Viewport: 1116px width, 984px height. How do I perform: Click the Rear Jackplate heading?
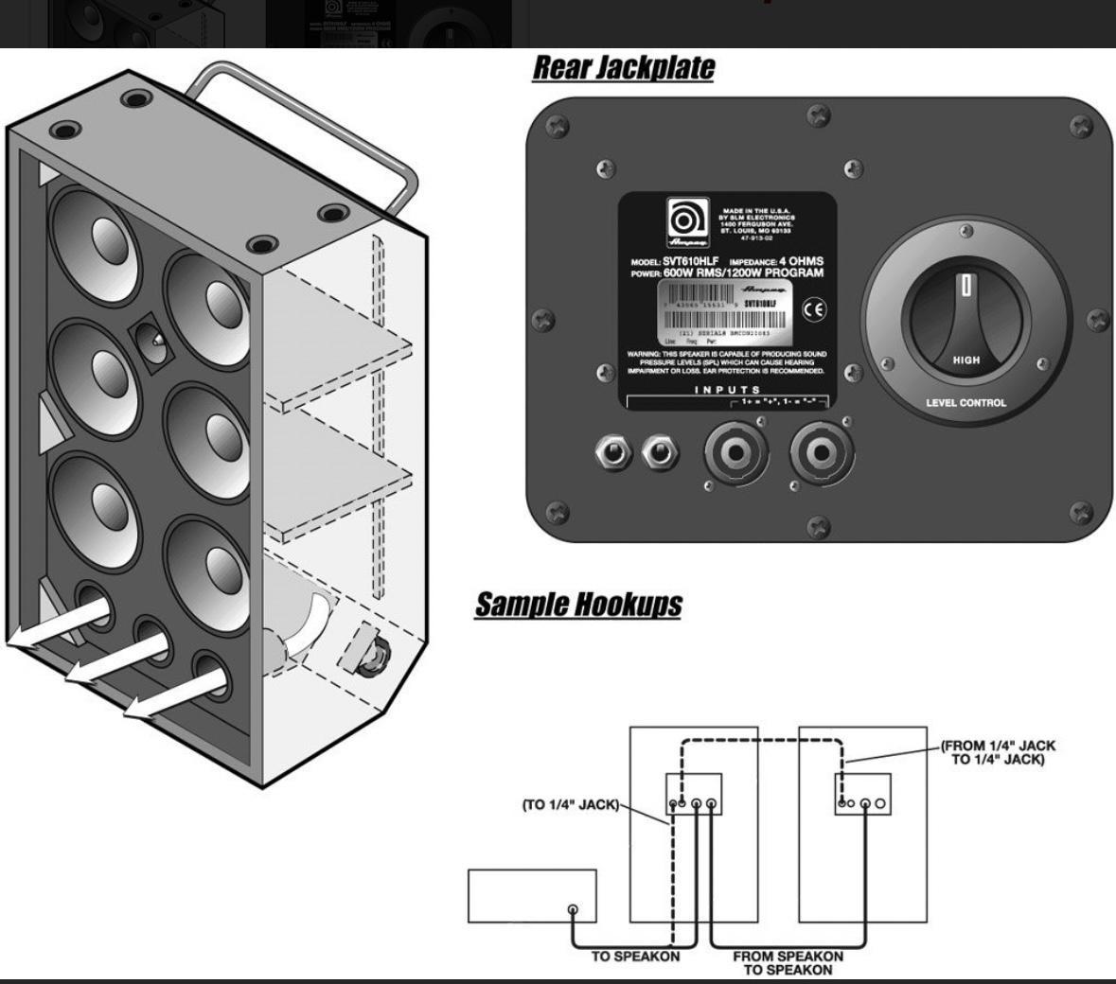623,68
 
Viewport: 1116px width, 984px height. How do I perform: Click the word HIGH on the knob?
965,360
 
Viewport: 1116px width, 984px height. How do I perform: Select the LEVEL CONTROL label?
965,403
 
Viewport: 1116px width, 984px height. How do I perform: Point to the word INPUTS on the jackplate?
727,390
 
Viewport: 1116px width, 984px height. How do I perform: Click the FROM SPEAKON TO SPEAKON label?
788,962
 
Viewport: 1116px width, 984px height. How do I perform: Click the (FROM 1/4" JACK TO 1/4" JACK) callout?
999,753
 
